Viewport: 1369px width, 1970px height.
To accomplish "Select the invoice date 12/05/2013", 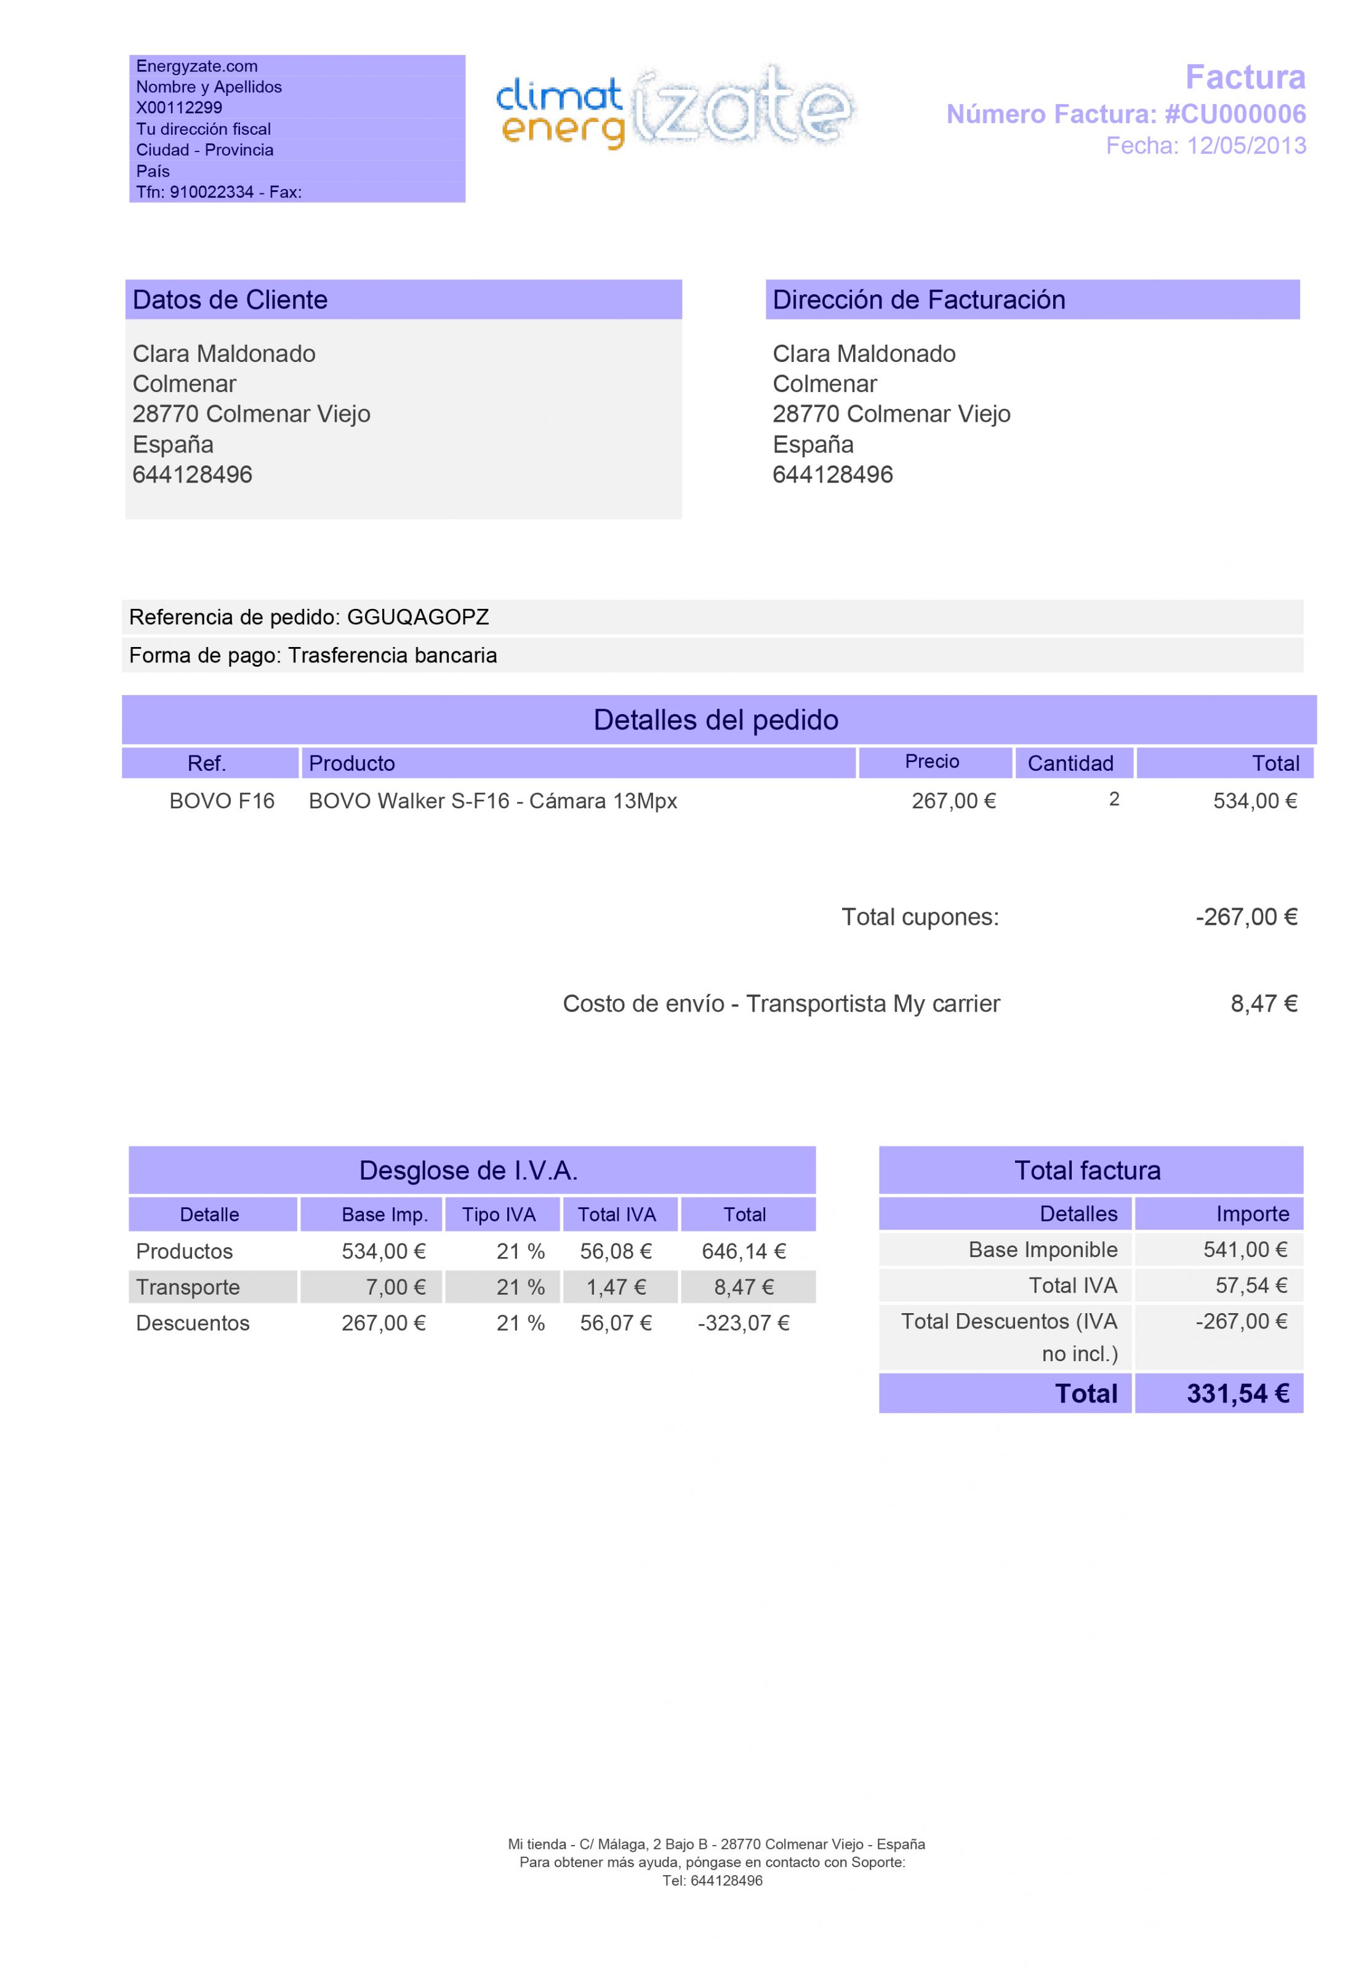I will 1247,146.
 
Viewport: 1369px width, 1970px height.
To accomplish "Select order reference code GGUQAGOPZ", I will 418,617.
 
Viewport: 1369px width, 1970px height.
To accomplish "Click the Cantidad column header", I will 1070,763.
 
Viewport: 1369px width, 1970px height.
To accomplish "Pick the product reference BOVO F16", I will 222,801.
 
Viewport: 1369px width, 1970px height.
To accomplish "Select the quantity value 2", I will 1114,799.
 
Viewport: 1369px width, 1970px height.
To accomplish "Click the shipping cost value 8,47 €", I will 1264,1004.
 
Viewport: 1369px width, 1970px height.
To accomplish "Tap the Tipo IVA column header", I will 499,1215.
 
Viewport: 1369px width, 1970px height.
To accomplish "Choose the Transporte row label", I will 188,1287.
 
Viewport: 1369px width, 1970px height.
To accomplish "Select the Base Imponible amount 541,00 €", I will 1245,1250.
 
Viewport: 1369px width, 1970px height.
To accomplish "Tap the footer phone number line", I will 712,1881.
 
